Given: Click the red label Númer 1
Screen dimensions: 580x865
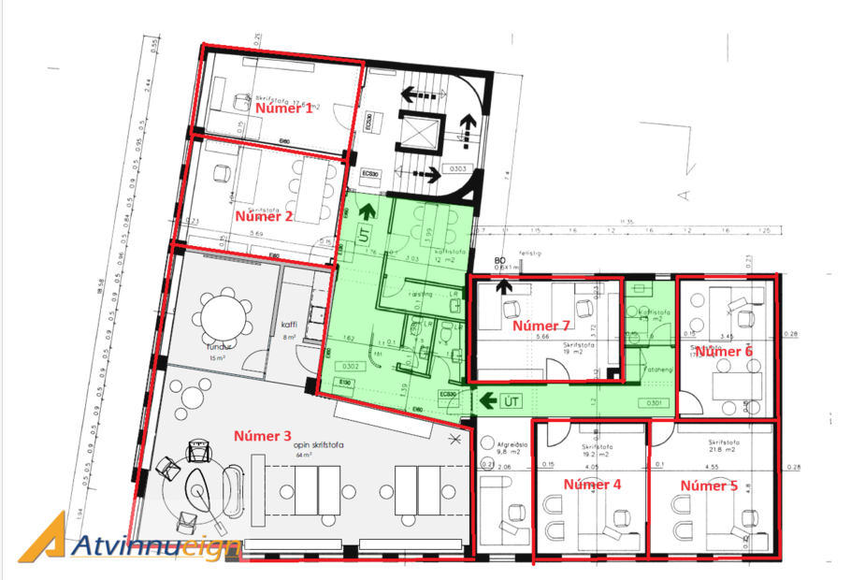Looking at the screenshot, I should tap(285, 109).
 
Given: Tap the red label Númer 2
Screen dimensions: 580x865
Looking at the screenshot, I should tap(265, 216).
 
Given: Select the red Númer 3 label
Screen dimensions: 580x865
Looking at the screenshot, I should tap(263, 436).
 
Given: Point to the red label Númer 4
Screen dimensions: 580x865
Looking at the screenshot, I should tap(591, 485).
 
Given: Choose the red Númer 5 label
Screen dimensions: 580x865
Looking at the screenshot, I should tap(708, 486).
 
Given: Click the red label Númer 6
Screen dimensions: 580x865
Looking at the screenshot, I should tap(724, 352).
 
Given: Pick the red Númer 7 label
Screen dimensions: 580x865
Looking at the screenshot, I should tap(541, 326).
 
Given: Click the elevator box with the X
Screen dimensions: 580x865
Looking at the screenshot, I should tap(418, 130).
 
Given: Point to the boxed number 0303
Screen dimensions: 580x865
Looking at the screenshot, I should tap(457, 169).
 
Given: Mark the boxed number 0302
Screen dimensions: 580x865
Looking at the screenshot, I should tap(353, 366).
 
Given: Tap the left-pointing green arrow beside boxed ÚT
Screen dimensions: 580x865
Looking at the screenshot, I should tap(486, 402).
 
